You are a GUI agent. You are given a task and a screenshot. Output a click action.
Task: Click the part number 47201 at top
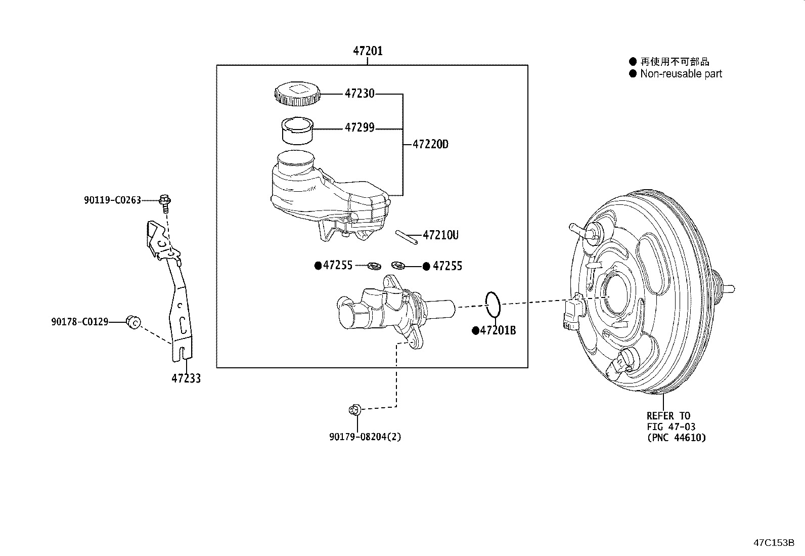368,51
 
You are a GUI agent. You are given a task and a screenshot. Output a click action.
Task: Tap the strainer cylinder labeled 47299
297,131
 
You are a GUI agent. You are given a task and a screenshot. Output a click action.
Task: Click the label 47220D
430,144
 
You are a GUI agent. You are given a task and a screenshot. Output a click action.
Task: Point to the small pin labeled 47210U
407,237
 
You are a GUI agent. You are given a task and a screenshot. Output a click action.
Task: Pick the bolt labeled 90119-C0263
164,201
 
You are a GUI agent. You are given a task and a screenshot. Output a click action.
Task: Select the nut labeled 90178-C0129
133,321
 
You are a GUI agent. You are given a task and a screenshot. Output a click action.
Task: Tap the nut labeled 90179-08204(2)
354,409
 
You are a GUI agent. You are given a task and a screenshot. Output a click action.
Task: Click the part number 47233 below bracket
186,378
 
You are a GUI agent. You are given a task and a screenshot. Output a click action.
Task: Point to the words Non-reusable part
681,74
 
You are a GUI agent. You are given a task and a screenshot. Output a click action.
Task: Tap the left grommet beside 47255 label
375,266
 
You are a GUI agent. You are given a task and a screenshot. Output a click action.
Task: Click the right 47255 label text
448,266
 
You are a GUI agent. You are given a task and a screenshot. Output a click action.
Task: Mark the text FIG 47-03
670,426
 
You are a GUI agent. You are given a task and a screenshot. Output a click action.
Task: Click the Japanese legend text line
675,62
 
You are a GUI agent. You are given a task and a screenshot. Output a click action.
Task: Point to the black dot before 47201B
475,330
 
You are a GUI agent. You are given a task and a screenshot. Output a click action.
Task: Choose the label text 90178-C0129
79,322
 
